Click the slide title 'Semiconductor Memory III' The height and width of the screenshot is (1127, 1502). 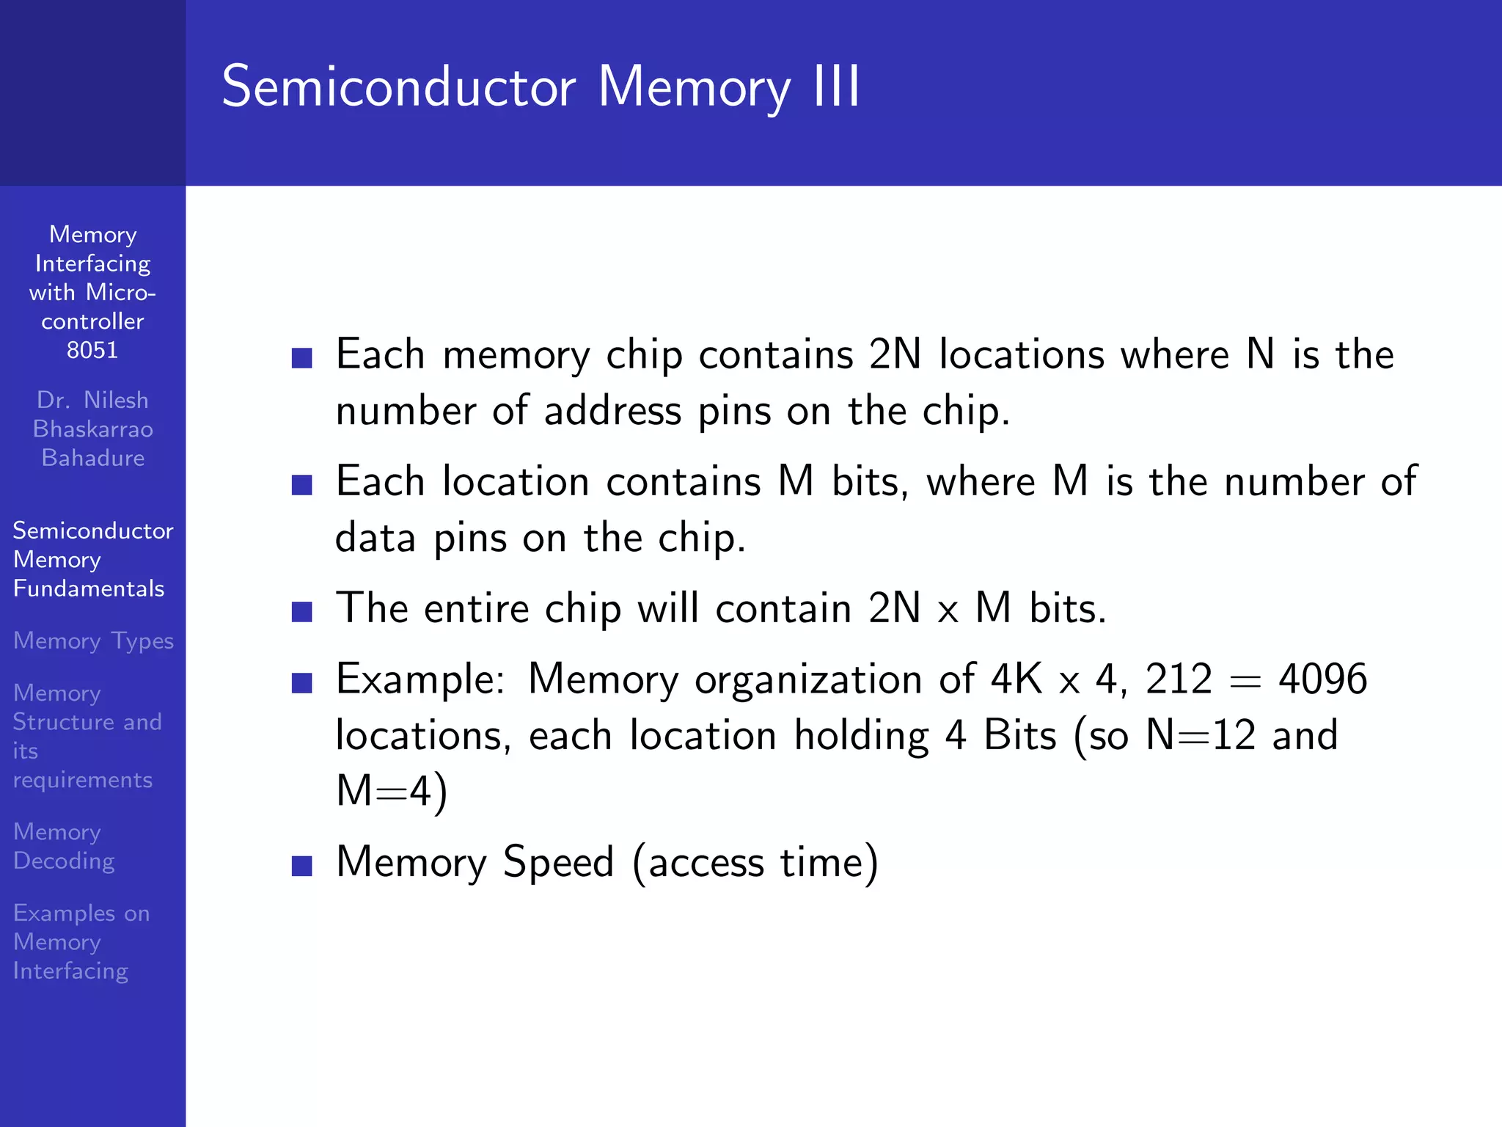coord(541,87)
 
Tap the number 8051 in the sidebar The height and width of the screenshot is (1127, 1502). coord(92,350)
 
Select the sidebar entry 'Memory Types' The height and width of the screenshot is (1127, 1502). coord(93,641)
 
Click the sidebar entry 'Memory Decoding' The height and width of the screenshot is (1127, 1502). coord(64,846)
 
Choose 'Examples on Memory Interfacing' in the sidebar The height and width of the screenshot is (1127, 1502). coord(81,941)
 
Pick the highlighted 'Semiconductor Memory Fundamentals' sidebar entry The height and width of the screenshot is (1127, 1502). coord(92,559)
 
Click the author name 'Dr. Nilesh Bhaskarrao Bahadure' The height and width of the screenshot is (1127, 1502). coord(93,428)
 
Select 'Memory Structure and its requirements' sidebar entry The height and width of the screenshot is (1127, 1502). coord(87,736)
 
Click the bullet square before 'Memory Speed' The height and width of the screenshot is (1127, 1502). coord(302,866)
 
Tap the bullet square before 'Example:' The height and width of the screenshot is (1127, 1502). coord(302,683)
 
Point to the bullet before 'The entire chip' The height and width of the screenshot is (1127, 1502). coord(302,612)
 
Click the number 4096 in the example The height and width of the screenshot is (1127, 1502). coord(1322,679)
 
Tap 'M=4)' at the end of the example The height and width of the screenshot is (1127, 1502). coord(392,792)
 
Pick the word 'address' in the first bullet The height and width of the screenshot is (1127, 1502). coord(612,411)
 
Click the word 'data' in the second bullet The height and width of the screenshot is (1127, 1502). coord(375,538)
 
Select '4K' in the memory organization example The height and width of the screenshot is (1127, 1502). coord(1016,679)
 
